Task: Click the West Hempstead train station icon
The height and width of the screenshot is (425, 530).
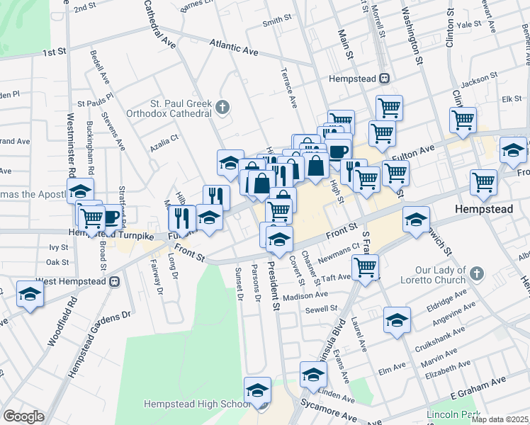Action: tap(114, 281)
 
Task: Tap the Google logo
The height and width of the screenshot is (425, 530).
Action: tap(23, 416)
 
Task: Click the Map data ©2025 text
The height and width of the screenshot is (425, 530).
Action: tap(500, 419)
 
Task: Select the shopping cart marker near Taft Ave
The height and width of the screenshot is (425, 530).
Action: tap(366, 268)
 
